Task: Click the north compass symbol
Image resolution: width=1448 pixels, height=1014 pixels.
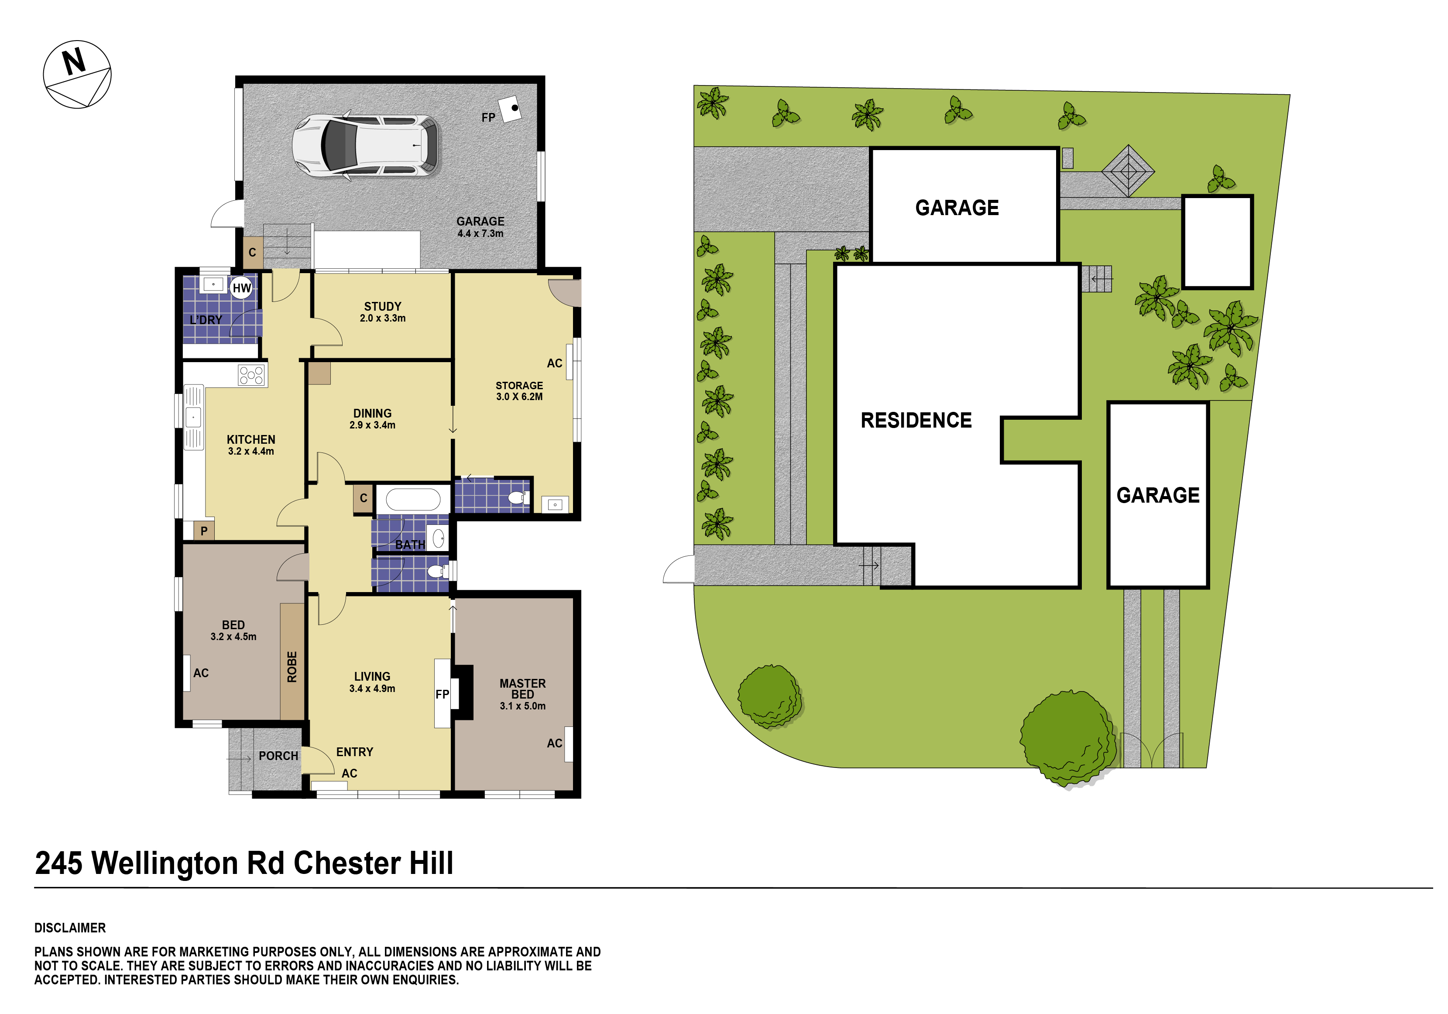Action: pyautogui.click(x=77, y=75)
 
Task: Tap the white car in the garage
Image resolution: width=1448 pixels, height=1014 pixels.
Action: pyautogui.click(x=366, y=146)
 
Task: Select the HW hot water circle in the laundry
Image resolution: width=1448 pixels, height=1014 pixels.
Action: pyautogui.click(x=241, y=288)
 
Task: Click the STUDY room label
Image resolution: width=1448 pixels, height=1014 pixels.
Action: pyautogui.click(x=383, y=306)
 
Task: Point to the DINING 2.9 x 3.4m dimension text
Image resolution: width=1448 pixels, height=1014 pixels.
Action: pyautogui.click(x=372, y=425)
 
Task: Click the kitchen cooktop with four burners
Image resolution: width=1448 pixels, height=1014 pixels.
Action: pyautogui.click(x=251, y=376)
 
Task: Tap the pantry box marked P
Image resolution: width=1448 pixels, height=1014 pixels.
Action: pyautogui.click(x=204, y=531)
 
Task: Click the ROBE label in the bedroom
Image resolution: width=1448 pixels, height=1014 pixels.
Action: pyautogui.click(x=292, y=667)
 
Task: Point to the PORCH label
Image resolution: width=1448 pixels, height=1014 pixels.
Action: pyautogui.click(x=278, y=755)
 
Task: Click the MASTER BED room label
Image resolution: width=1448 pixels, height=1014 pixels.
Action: pyautogui.click(x=523, y=689)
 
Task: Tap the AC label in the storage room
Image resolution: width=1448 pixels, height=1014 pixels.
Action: pyautogui.click(x=554, y=363)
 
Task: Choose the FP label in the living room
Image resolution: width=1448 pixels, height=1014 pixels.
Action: pyautogui.click(x=442, y=694)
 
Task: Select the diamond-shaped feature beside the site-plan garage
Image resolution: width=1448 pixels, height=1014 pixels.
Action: pyautogui.click(x=1128, y=170)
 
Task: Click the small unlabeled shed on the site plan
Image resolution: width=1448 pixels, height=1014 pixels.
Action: pyautogui.click(x=1217, y=242)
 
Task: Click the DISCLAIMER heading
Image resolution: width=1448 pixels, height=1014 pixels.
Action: pyautogui.click(x=70, y=928)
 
